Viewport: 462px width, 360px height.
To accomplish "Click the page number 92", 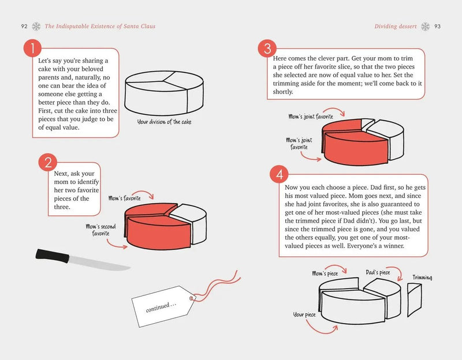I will (24, 26).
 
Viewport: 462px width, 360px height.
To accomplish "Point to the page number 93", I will (438, 26).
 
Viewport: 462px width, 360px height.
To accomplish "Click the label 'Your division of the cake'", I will (163, 122).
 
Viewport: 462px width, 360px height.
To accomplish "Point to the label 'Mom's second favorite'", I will (102, 230).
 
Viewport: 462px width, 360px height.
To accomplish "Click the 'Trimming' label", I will (422, 277).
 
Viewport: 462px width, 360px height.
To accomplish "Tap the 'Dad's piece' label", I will (378, 272).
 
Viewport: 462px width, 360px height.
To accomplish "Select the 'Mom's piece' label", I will (325, 273).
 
